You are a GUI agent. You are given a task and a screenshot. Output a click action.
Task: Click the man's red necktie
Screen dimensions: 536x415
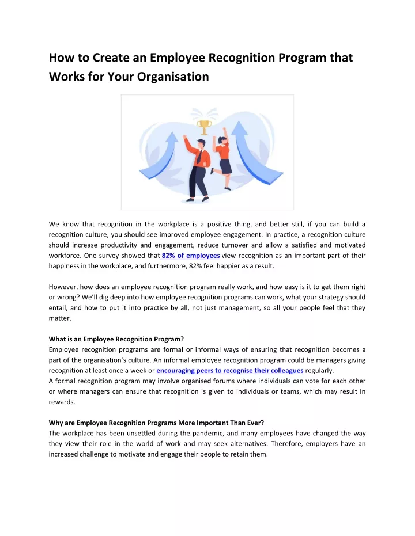[199, 156]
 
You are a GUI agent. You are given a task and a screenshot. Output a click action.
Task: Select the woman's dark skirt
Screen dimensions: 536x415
[225, 166]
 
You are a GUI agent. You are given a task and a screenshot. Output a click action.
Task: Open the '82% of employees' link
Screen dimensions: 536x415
[190, 255]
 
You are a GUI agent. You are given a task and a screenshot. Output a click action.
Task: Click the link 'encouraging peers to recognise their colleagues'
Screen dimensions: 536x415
[230, 370]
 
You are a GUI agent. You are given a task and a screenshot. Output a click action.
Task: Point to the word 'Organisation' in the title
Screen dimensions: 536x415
[173, 77]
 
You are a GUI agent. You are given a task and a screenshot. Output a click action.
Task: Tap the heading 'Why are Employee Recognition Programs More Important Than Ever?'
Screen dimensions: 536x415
[156, 423]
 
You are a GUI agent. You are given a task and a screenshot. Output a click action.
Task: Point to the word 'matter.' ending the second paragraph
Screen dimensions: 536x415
[60, 317]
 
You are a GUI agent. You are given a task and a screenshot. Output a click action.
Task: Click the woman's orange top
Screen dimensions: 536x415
[224, 151]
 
